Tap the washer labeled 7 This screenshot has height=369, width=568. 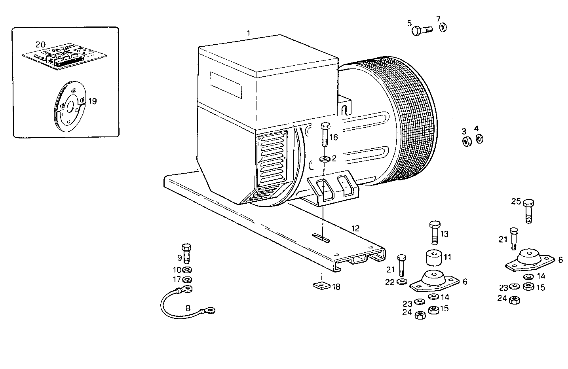point(443,27)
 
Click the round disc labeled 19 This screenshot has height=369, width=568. point(70,108)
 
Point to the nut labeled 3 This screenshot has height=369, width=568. point(467,141)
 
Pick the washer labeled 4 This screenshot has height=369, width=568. point(479,139)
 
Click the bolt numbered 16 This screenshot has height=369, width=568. point(325,134)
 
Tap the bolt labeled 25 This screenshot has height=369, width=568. point(529,211)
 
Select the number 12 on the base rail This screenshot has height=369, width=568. point(355,228)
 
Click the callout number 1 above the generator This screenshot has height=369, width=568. point(248,33)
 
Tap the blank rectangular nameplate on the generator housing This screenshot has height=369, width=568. point(226,84)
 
